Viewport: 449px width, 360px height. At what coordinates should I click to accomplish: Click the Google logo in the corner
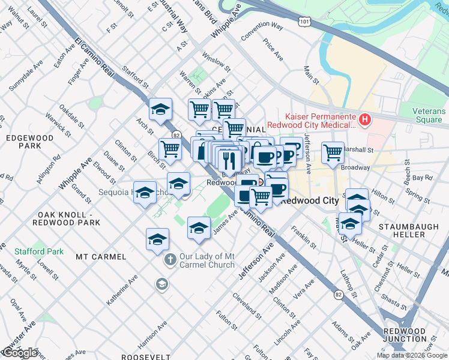point(19,353)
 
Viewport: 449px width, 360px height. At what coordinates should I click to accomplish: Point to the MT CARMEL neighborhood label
point(101,257)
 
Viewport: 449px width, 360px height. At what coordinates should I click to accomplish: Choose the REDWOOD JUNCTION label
point(405,335)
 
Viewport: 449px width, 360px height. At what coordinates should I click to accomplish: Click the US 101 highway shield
point(304,21)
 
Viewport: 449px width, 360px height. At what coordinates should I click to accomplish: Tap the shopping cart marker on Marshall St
point(333,152)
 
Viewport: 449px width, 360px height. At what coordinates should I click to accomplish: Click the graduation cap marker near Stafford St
point(161,109)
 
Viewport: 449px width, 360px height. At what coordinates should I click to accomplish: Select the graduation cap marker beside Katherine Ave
point(157,239)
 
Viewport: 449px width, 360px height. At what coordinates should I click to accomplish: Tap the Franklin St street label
point(303,238)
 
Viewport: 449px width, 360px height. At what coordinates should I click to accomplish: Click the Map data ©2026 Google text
point(411,355)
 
